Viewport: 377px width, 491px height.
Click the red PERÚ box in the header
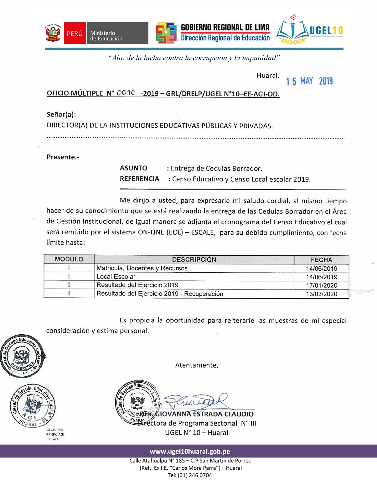[75, 33]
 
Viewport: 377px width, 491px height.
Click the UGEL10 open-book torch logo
[292, 30]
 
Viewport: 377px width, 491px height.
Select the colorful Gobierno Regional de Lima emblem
[166, 33]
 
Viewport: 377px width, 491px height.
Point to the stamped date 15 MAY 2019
[309, 81]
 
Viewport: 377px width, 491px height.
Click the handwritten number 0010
[126, 93]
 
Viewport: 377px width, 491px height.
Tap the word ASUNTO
[133, 168]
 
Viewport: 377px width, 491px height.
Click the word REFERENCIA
[139, 179]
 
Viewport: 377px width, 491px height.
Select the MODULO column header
[69, 259]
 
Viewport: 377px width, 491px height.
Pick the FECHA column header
[321, 260]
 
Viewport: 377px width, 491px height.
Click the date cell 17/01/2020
[322, 285]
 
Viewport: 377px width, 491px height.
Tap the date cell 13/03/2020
[322, 294]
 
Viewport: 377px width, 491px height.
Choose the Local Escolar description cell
[116, 277]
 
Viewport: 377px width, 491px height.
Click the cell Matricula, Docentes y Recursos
[142, 268]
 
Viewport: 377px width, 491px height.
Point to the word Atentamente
[197, 365]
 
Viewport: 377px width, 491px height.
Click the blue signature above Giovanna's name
[196, 401]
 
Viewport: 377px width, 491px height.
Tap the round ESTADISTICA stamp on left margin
[23, 356]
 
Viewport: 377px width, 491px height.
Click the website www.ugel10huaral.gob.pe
[190, 452]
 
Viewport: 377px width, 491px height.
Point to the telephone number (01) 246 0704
[194, 475]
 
